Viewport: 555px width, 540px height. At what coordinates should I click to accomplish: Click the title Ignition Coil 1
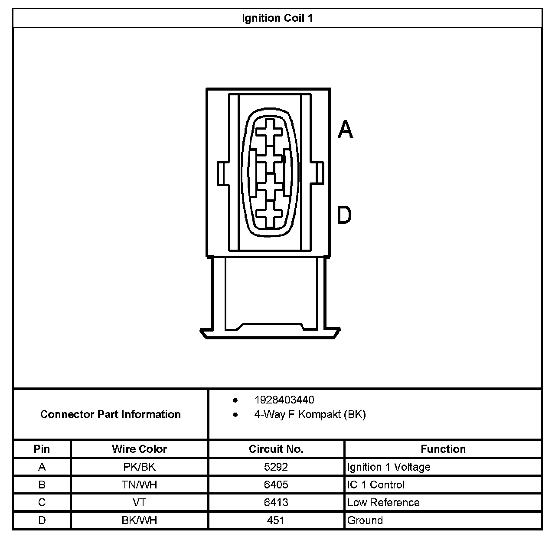277,18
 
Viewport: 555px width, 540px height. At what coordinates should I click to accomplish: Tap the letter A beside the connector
346,129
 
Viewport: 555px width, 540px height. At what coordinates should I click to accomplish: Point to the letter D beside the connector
344,215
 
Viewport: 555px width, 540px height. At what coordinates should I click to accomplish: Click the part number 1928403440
284,400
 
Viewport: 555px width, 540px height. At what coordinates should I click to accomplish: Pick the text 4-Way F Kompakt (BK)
310,415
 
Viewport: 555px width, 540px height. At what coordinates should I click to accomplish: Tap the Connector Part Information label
110,414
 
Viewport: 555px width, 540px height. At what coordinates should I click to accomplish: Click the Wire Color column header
139,449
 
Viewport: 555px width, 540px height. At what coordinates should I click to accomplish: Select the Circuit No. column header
276,449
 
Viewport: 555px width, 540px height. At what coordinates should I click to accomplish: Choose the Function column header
443,449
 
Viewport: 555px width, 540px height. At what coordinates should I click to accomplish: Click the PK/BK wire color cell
139,467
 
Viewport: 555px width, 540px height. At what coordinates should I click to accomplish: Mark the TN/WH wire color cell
139,485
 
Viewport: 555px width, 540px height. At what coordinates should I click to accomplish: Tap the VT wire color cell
139,503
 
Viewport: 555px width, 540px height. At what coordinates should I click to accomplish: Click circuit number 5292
276,467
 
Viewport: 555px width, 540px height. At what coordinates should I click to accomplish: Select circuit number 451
276,520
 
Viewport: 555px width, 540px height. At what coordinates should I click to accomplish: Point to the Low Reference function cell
383,503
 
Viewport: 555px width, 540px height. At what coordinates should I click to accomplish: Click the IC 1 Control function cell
376,485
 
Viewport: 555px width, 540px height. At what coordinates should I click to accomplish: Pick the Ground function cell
365,520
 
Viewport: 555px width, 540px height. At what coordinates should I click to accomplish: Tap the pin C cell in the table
42,503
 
